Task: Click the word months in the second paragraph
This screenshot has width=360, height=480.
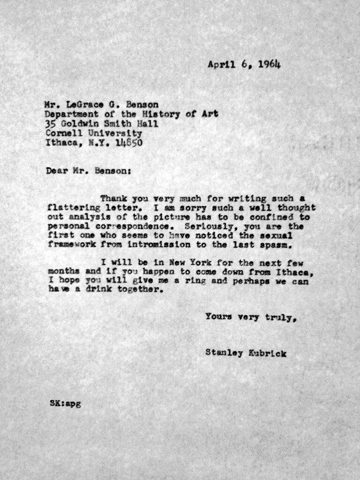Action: coord(62,273)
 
